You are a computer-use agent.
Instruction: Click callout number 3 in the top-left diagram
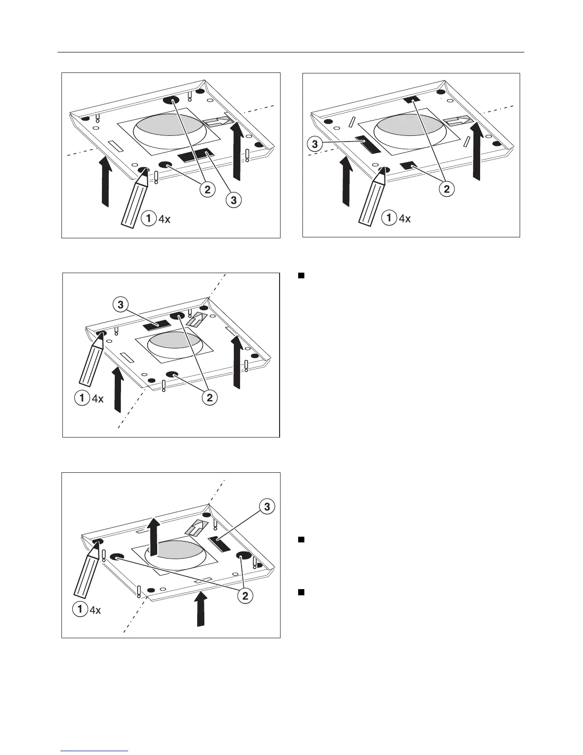[x=233, y=201]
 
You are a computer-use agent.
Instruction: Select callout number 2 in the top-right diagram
[x=446, y=189]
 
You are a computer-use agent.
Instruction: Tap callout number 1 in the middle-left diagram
[x=82, y=398]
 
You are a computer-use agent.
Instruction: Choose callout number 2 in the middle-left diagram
[x=210, y=398]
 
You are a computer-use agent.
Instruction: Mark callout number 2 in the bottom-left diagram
[x=245, y=595]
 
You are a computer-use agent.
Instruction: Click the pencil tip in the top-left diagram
[x=143, y=172]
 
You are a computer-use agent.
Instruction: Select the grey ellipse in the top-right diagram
[x=411, y=128]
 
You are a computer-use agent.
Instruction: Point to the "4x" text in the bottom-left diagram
[x=95, y=610]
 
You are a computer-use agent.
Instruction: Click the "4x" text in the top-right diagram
[x=404, y=219]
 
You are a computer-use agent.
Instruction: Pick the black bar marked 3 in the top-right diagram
[x=368, y=144]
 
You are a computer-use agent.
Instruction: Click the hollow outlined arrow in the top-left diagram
[x=217, y=122]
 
